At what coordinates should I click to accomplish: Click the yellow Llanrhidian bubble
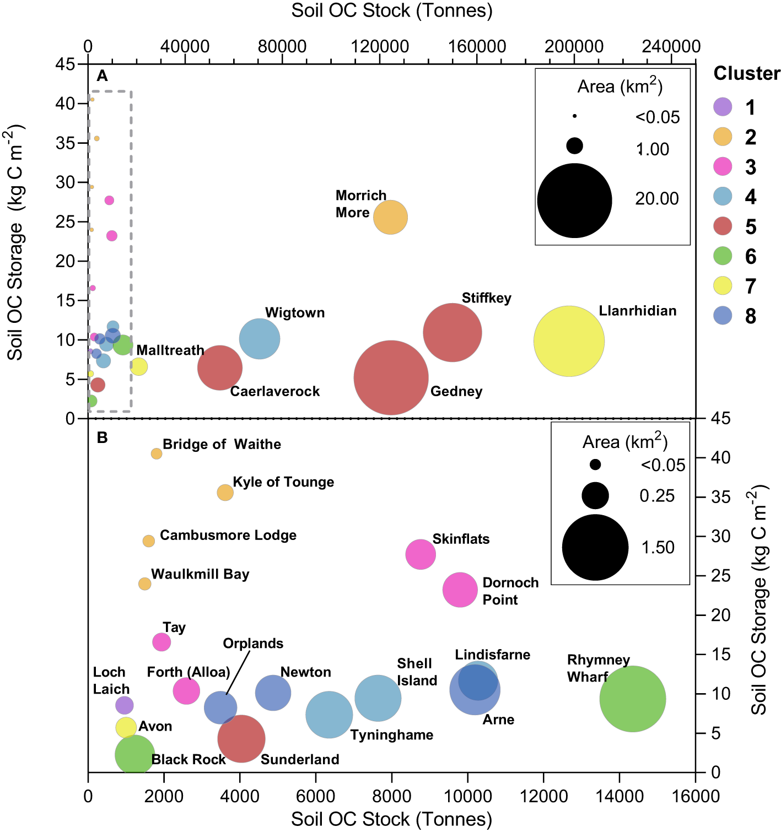coord(569,341)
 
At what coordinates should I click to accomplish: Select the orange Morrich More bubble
coord(390,217)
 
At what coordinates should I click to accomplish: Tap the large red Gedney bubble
coord(391,378)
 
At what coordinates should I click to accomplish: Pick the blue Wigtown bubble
coord(260,339)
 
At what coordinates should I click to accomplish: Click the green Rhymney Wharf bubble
coord(632,699)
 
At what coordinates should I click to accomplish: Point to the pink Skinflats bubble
coord(421,554)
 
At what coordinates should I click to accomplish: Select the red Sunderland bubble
coord(241,739)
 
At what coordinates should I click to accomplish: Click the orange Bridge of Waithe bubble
coord(157,453)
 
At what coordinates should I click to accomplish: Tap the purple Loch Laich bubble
coord(125,705)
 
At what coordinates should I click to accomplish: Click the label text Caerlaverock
coord(275,392)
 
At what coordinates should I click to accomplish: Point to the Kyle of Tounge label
coord(283,482)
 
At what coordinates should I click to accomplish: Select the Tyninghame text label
coord(392,735)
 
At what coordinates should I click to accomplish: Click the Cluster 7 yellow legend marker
coord(723,286)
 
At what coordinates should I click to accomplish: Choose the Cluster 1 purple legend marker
coord(723,107)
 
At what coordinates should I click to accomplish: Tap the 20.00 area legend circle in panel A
coord(574,201)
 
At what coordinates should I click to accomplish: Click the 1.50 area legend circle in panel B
coord(595,547)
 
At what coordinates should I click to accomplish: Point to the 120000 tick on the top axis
coord(380,47)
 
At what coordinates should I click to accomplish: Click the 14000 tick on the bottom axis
coord(620,796)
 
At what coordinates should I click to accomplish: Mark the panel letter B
coord(102,437)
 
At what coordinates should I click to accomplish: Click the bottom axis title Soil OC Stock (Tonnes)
coord(391,819)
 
